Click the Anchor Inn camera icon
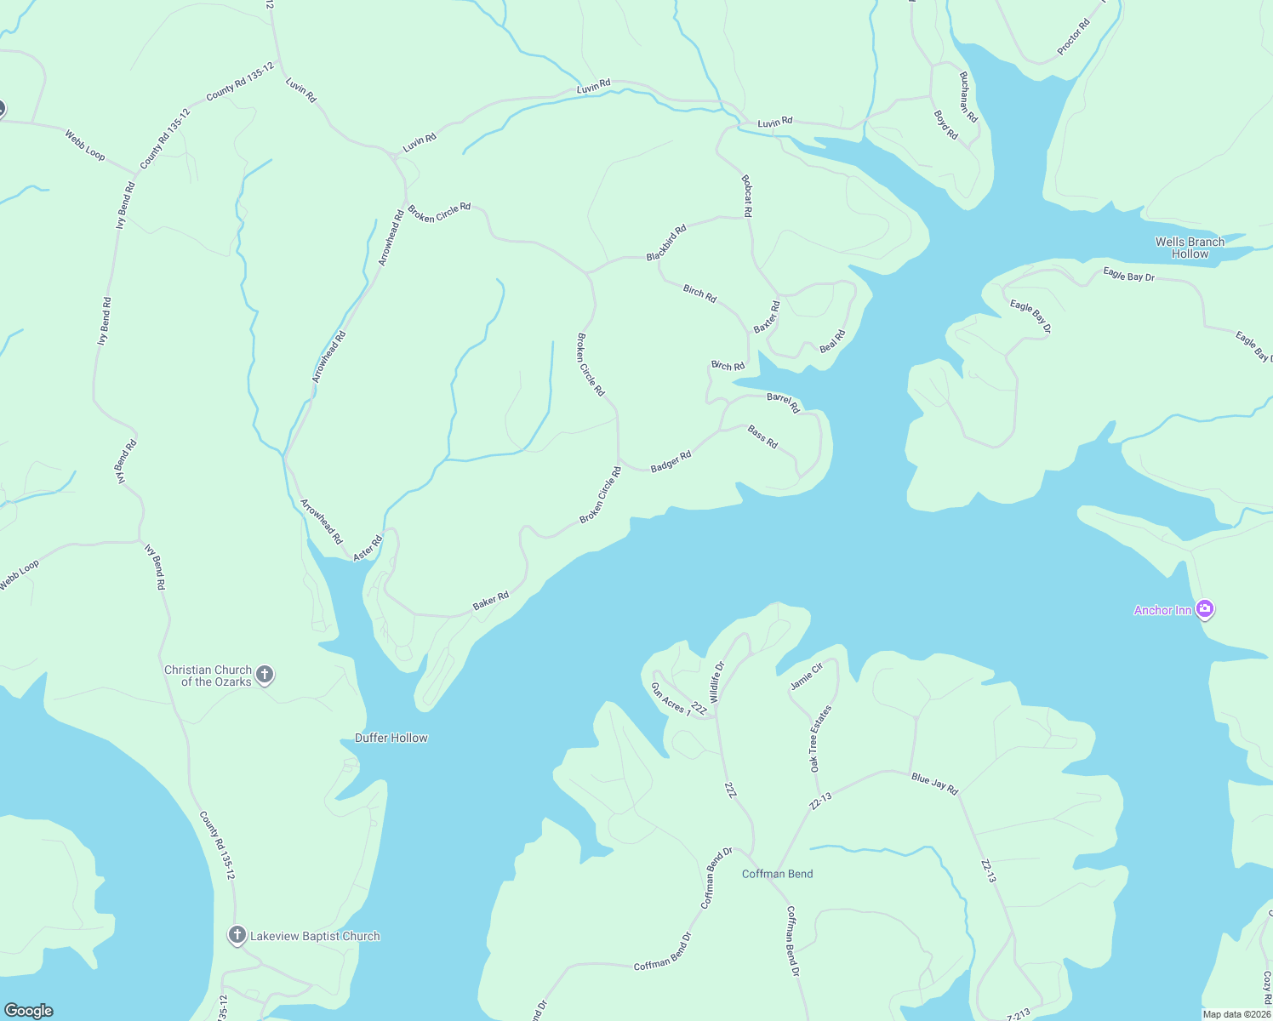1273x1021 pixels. (x=1204, y=609)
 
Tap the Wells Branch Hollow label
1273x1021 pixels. (x=1190, y=248)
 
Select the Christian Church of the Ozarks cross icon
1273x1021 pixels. (x=265, y=676)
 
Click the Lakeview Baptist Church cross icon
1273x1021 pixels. (x=237, y=936)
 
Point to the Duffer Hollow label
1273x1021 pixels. (x=391, y=738)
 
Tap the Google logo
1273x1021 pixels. (x=28, y=1010)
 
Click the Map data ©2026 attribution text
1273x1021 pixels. (x=1236, y=1014)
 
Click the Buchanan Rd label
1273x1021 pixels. (x=968, y=96)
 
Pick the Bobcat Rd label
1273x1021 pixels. (x=747, y=196)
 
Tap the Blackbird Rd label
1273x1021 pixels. (x=666, y=243)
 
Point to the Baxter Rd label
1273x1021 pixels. (x=766, y=317)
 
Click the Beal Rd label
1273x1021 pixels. (x=832, y=341)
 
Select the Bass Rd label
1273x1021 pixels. (x=762, y=437)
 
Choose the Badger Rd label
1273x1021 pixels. (x=671, y=462)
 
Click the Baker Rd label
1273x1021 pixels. (x=491, y=601)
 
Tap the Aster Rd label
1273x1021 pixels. (x=368, y=547)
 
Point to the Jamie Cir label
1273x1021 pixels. (x=806, y=676)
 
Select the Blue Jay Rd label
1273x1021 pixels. (x=934, y=784)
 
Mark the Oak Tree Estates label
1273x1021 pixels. (x=820, y=739)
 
